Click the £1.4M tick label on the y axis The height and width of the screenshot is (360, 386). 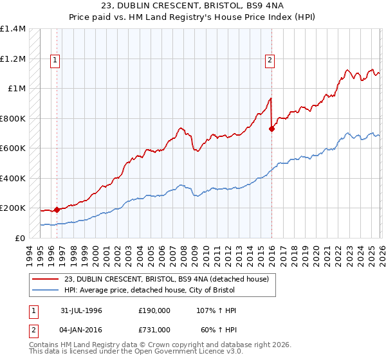point(13,29)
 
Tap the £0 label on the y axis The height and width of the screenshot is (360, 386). point(20,238)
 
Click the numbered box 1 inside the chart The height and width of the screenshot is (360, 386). point(56,60)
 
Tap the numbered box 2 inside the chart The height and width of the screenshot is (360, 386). point(269,60)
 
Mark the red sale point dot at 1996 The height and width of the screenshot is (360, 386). point(57,210)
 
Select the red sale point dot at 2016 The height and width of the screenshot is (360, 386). point(271,129)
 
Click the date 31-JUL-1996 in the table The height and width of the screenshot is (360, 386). point(82,310)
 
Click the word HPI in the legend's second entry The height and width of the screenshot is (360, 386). point(71,289)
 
